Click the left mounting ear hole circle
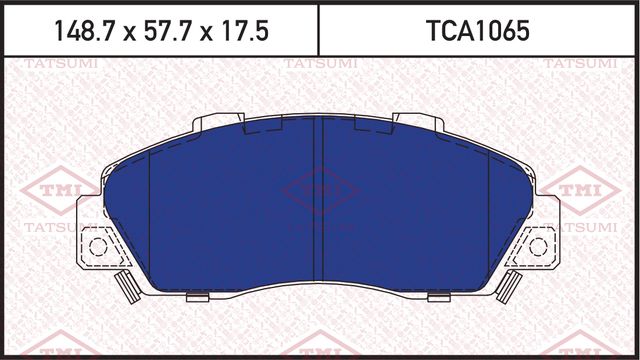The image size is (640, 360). [x=98, y=246]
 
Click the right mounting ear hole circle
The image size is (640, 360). [x=539, y=246]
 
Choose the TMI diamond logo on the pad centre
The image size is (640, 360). [x=318, y=190]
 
